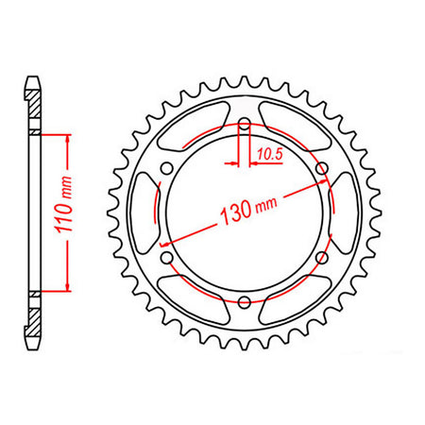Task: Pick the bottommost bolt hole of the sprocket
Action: (245, 301)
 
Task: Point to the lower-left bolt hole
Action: (167, 257)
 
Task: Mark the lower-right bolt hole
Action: (322, 257)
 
